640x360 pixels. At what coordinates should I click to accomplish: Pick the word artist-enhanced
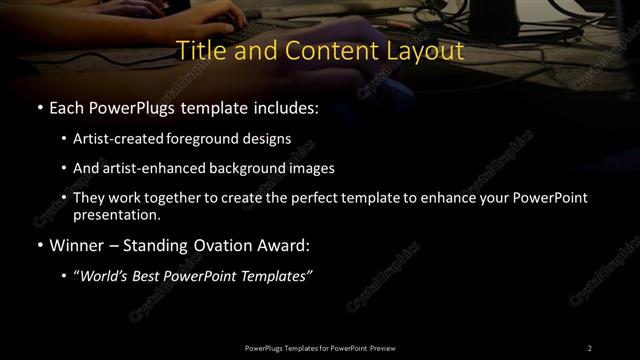148,169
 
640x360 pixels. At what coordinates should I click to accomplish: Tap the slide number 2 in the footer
590,347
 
